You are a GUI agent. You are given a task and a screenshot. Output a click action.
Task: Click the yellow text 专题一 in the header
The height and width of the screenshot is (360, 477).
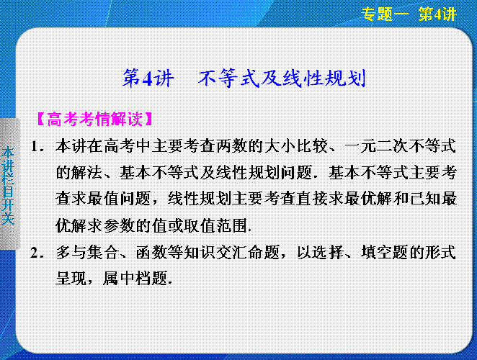385,14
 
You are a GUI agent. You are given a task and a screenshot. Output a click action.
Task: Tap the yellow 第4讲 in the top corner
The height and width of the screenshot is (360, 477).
437,14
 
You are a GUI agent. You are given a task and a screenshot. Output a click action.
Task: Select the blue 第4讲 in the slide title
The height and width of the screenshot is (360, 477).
148,78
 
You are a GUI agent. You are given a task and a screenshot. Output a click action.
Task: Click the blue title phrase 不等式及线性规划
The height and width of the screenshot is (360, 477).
282,78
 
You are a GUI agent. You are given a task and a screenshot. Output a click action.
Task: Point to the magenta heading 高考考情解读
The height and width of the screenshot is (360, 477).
95,119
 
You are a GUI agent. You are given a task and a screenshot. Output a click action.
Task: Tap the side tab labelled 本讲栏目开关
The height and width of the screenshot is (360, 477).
8,185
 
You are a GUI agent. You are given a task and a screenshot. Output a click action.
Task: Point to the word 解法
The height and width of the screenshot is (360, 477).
87,173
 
